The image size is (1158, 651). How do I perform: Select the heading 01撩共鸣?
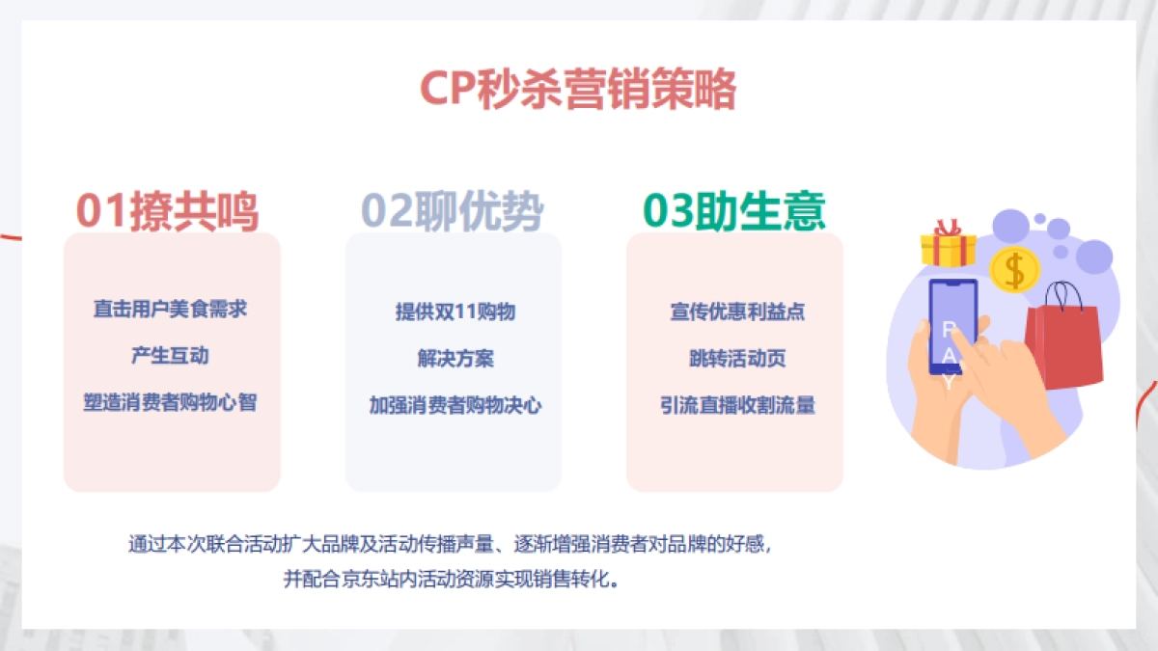[168, 211]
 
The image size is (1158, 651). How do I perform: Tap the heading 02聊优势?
[452, 211]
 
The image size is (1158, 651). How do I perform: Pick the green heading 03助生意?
[734, 211]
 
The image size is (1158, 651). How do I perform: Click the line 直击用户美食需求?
[170, 310]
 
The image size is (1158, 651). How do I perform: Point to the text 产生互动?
[170, 356]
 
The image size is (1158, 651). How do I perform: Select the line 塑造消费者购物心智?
[170, 402]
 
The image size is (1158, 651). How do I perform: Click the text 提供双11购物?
[455, 312]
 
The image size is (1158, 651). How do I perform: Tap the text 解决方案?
[455, 358]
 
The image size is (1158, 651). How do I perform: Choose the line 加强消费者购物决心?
[455, 405]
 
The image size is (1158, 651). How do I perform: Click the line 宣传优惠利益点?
[737, 312]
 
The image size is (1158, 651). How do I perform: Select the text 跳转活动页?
[737, 358]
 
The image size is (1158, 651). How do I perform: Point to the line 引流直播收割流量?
[737, 405]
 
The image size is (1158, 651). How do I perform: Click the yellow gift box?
[949, 250]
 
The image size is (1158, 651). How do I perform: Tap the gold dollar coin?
[1013, 269]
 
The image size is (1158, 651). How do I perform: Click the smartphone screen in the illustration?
[951, 328]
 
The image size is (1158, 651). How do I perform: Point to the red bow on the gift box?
[949, 228]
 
